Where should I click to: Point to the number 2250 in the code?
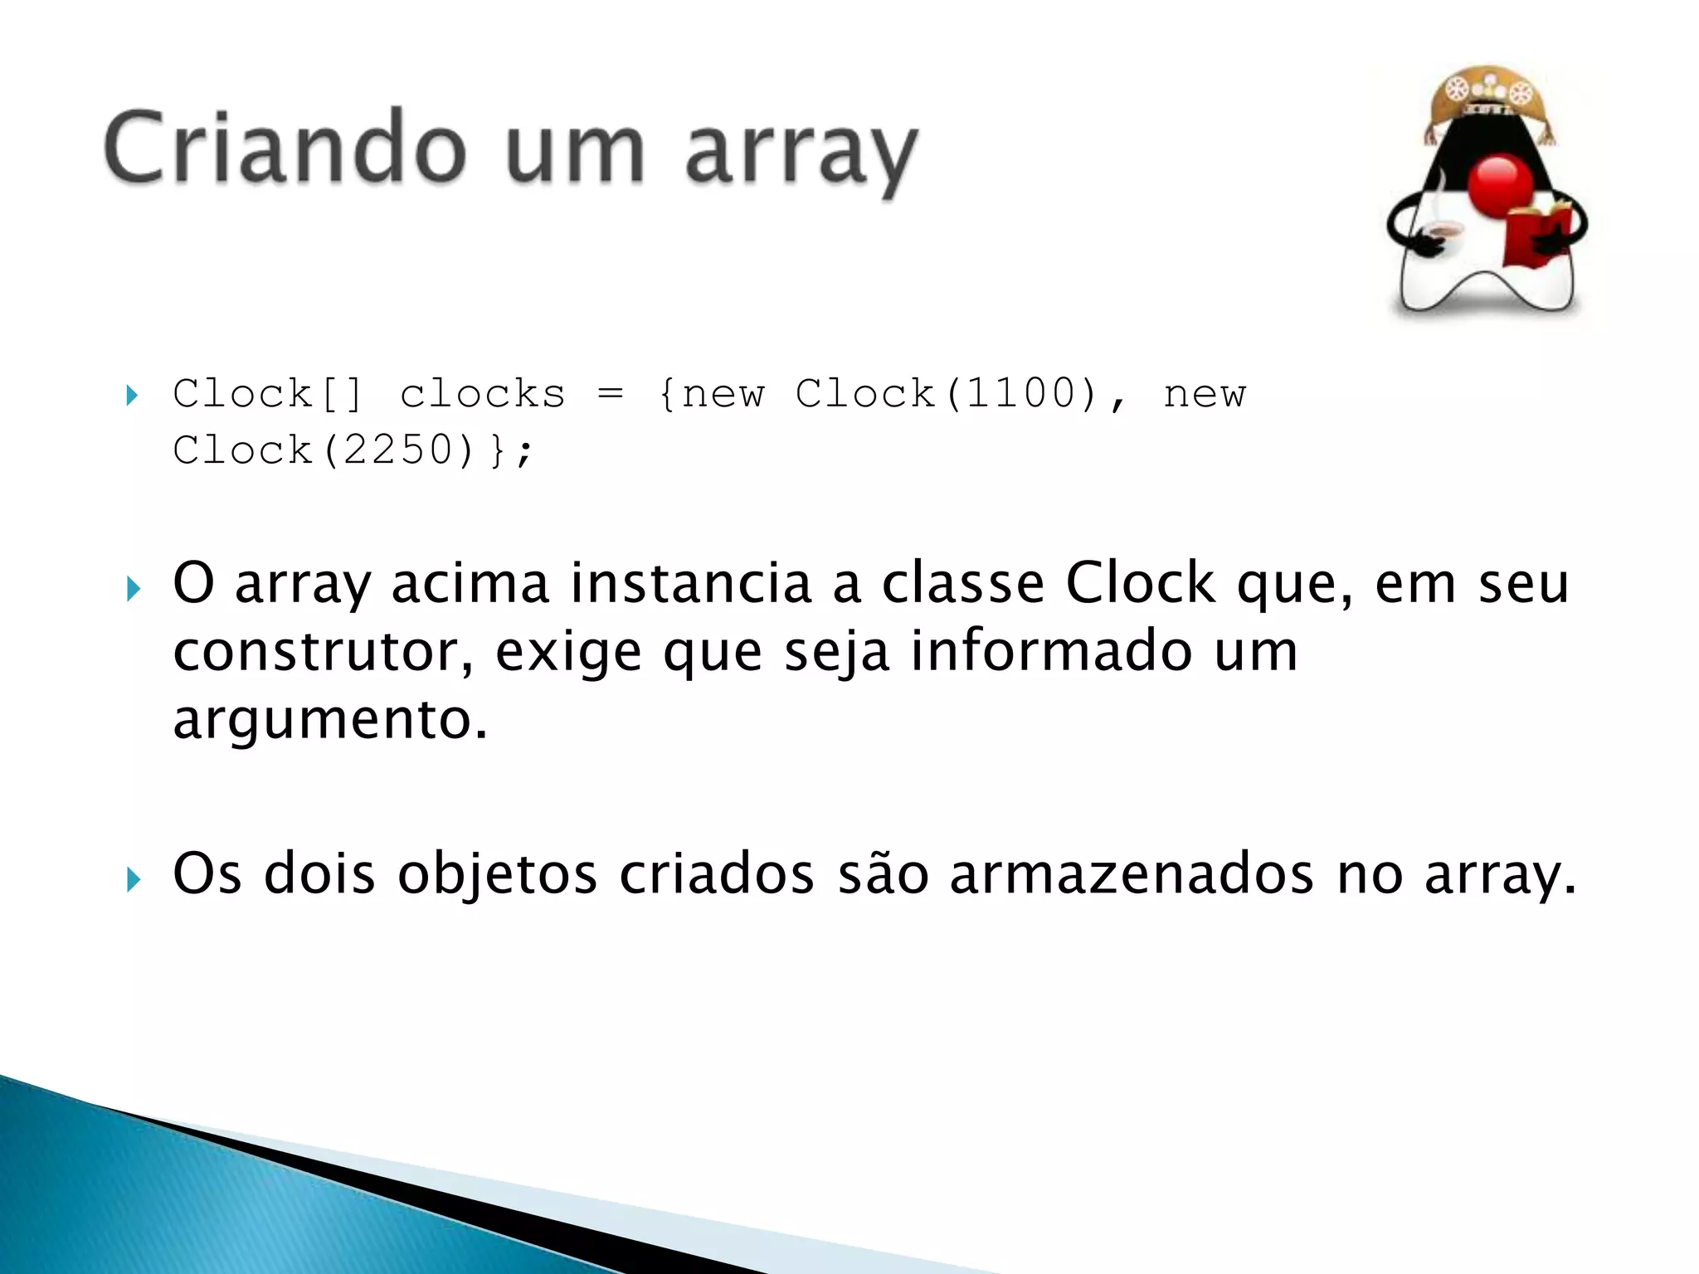(397, 450)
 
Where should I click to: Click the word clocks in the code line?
(482, 393)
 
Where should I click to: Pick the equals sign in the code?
(610, 393)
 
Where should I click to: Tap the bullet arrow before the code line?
(132, 395)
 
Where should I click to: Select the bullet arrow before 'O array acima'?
(133, 590)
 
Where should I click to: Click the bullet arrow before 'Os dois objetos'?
(133, 879)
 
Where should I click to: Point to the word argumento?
(329, 720)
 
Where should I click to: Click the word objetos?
(497, 876)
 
